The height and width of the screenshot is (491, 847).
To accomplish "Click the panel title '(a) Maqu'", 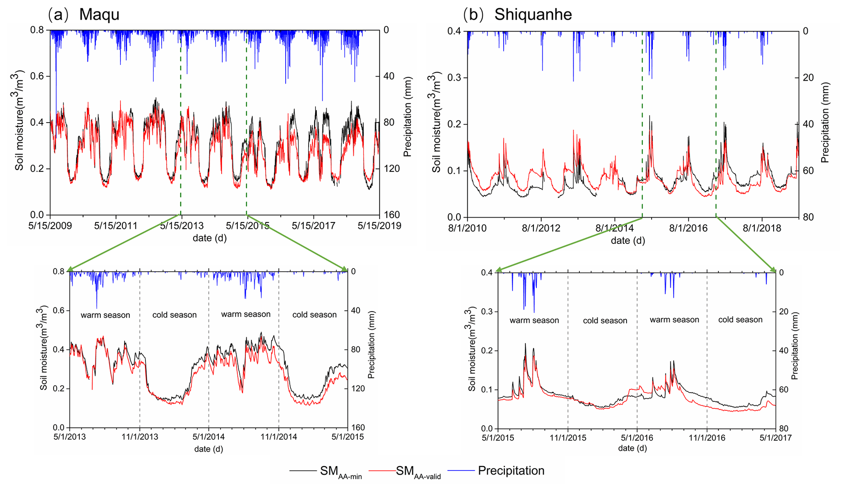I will pyautogui.click(x=84, y=14).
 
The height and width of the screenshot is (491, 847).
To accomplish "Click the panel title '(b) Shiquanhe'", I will pyautogui.click(x=517, y=14).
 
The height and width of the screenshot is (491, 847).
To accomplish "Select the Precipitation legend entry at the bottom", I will pyautogui.click(x=511, y=471).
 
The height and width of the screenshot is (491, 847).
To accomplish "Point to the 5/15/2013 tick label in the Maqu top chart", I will pyautogui.click(x=182, y=226).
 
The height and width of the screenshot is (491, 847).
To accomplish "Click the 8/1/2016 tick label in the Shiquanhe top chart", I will pyautogui.click(x=688, y=228).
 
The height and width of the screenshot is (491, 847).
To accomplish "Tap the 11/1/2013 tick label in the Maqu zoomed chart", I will pyautogui.click(x=140, y=436).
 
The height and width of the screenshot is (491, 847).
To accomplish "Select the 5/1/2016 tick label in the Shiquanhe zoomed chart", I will pyautogui.click(x=637, y=438).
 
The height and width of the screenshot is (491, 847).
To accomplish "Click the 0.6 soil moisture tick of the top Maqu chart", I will pyautogui.click(x=40, y=76).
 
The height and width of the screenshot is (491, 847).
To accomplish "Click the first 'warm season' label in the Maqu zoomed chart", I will pyautogui.click(x=105, y=315).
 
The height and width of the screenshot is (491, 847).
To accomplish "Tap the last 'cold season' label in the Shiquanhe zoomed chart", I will pyautogui.click(x=740, y=320).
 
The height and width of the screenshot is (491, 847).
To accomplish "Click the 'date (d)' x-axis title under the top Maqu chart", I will pyautogui.click(x=209, y=238).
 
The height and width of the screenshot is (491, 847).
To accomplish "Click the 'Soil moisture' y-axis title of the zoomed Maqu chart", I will pyautogui.click(x=43, y=348).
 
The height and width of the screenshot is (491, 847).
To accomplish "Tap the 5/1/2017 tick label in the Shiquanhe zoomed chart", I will pyautogui.click(x=775, y=438).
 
